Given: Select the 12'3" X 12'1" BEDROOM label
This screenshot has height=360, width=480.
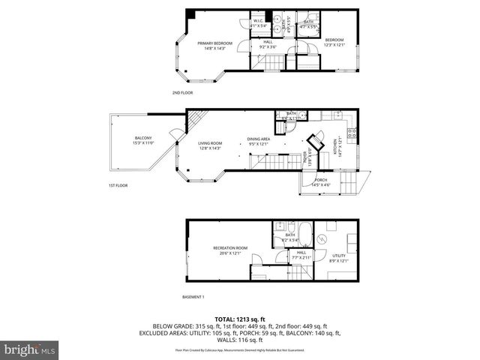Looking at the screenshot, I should [334, 43].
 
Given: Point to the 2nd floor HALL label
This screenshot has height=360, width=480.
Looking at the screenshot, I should [267, 45].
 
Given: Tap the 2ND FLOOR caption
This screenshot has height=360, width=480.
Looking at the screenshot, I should [183, 93].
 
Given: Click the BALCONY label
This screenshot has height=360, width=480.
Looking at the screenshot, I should [143, 140].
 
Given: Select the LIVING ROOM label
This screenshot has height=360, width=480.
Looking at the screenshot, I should [210, 145].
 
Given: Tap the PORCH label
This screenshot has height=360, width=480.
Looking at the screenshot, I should [321, 182].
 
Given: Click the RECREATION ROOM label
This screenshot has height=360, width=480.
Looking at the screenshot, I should [230, 250].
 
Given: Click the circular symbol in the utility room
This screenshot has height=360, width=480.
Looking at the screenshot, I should [321, 239].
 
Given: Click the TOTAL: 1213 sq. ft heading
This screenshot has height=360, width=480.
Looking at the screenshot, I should [240, 318].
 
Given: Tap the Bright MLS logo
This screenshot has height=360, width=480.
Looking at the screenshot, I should [29, 349].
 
